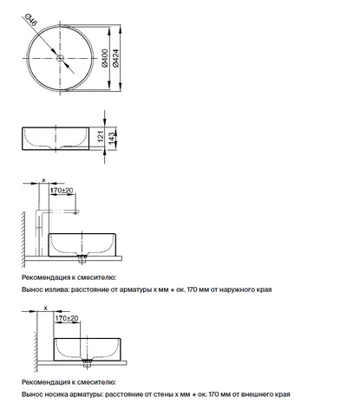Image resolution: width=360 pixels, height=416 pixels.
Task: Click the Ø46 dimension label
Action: [31, 20]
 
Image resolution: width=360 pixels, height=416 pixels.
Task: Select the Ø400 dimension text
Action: [105, 58]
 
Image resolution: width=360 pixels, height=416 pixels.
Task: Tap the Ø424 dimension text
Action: [115, 58]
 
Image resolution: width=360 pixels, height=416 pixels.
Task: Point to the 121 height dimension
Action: [101, 136]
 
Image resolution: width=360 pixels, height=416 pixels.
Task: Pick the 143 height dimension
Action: [111, 139]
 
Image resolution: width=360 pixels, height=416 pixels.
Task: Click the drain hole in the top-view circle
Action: [60, 58]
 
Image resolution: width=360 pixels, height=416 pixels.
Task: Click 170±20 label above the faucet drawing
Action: [62, 190]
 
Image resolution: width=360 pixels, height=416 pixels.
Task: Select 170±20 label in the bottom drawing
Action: [67, 318]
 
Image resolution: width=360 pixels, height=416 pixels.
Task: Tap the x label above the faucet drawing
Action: [44, 180]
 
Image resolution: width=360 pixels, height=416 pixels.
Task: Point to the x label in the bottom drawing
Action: [45, 309]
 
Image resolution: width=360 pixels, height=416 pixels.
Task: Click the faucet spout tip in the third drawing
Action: [76, 213]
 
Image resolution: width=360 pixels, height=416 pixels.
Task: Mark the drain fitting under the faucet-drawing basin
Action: [82, 259]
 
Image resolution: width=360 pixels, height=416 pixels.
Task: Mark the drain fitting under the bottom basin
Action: [87, 363]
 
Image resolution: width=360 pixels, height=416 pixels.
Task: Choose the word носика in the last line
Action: [56, 394]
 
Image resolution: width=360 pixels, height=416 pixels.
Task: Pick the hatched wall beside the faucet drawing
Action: [23, 240]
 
